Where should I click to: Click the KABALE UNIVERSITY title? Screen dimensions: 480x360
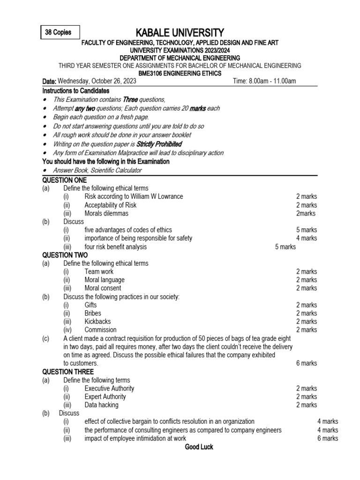coord(180,32)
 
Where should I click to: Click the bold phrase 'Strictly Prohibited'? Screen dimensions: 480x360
coord(159,144)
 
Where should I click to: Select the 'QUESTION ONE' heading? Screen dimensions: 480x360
coord(65,180)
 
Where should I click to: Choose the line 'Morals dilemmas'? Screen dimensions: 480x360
coord(106,213)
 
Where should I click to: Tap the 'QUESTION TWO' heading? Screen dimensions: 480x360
coord(65,255)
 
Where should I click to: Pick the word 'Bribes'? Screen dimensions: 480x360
coord(93,313)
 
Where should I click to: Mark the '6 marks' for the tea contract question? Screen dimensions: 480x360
coord(307,363)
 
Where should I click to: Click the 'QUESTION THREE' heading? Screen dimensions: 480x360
coord(68,372)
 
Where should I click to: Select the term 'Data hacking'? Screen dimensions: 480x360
coord(102,405)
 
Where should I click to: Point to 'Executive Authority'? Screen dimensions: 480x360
coord(109,388)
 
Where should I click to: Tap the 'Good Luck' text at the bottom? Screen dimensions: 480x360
coord(199,447)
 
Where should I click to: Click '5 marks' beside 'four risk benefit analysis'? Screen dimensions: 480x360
coord(285,247)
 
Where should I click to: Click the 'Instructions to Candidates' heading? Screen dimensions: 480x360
coord(75,90)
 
